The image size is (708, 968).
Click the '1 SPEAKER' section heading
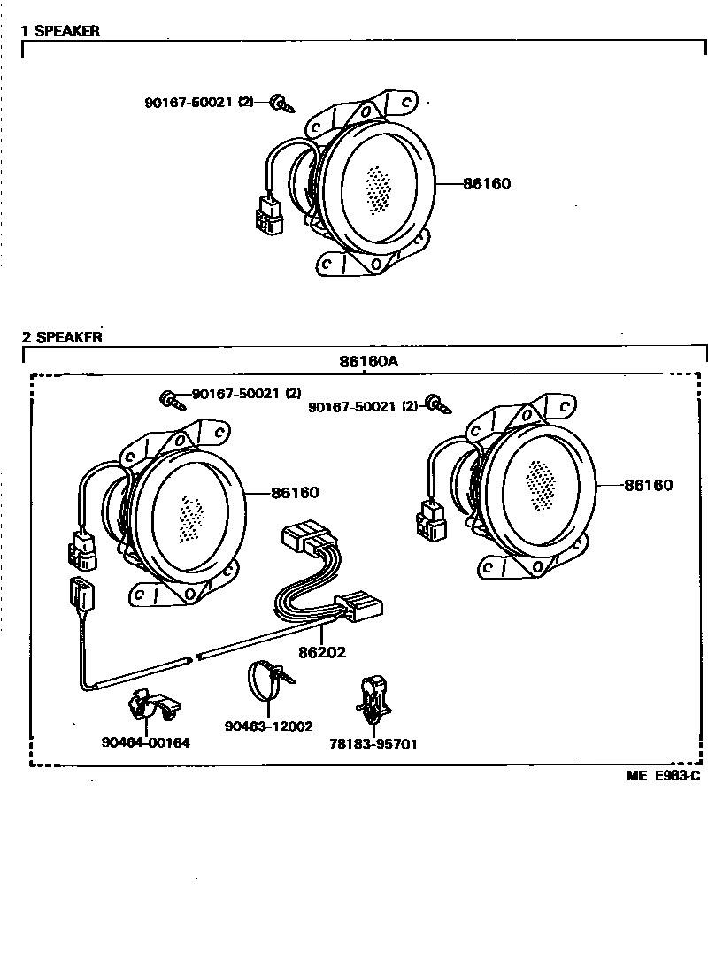pos(60,31)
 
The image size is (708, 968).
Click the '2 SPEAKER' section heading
pos(62,337)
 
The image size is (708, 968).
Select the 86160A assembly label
pos(368,361)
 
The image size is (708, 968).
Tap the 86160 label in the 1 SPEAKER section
pos(486,184)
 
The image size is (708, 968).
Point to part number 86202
pos(321,652)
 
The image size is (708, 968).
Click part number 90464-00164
pos(145,743)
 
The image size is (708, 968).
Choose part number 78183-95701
pos(373,744)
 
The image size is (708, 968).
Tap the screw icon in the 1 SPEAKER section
pos(281,104)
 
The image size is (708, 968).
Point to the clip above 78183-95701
pos(373,698)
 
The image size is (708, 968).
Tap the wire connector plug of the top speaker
pos(268,213)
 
